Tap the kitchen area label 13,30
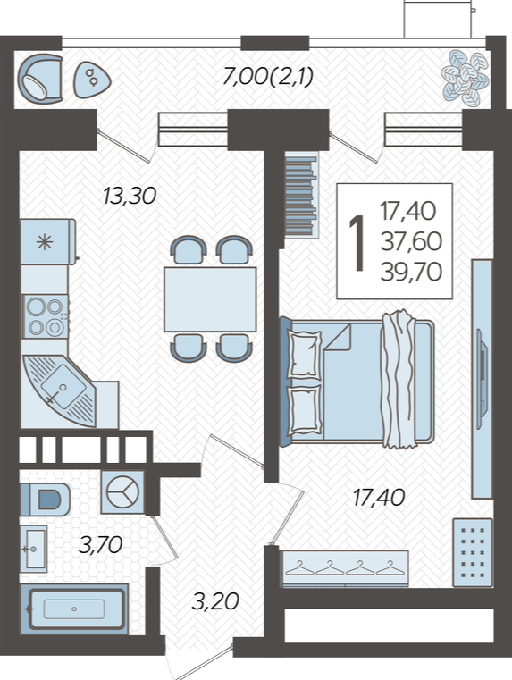[130, 196]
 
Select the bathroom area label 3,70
[101, 545]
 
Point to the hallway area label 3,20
[215, 601]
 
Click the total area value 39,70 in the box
[411, 272]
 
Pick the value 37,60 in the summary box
[411, 241]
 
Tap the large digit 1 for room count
[357, 243]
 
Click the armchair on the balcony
[40, 79]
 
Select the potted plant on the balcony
[465, 78]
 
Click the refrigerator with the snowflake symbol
[47, 241]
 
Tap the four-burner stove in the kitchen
[45, 316]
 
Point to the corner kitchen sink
[58, 390]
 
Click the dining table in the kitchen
[210, 299]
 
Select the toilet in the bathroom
[46, 500]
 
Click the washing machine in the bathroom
[122, 492]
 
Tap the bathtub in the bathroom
[74, 609]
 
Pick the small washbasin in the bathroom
[33, 549]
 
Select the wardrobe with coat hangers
[345, 568]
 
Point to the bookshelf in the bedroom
[301, 195]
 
